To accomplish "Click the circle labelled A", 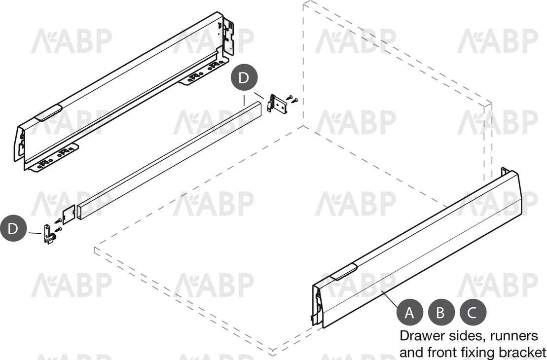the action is [409, 312].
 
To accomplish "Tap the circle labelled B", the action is [441, 312].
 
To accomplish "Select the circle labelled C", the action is [473, 312].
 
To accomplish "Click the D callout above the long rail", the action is [244, 77].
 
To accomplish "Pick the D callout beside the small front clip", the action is [13, 228].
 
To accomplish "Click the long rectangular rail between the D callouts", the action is [170, 160].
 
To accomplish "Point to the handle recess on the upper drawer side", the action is [48, 112].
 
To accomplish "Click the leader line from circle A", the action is [390, 298].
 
